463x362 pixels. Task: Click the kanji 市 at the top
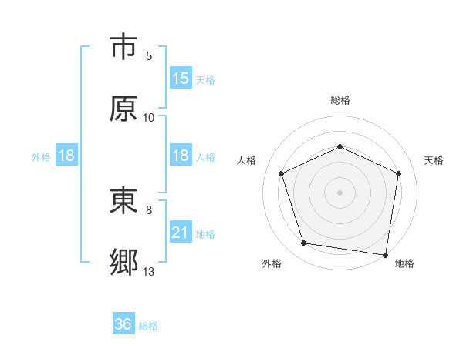pyautogui.click(x=124, y=48)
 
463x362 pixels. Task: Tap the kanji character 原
pyautogui.click(x=124, y=109)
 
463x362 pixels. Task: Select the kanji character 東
pyautogui.click(x=124, y=203)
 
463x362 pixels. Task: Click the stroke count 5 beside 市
pyautogui.click(x=149, y=56)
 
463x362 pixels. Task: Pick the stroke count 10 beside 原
pyautogui.click(x=149, y=118)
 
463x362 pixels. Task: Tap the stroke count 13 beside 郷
pyautogui.click(x=149, y=272)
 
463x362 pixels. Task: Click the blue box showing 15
pyautogui.click(x=181, y=79)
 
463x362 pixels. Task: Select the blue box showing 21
pyautogui.click(x=181, y=233)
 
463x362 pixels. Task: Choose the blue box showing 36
pyautogui.click(x=123, y=324)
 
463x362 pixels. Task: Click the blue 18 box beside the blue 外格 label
pyautogui.click(x=66, y=156)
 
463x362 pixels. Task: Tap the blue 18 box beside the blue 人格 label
pyautogui.click(x=181, y=156)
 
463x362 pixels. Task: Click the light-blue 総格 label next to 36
pyautogui.click(x=148, y=326)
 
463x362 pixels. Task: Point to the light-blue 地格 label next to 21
pyautogui.click(x=205, y=233)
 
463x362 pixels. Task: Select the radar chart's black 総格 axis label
pyautogui.click(x=340, y=100)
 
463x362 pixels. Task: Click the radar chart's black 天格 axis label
pyautogui.click(x=434, y=160)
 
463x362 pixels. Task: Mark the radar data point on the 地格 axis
pyautogui.click(x=386, y=254)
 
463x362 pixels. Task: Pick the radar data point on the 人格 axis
pyautogui.click(x=282, y=173)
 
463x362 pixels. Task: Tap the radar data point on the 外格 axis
pyautogui.click(x=304, y=243)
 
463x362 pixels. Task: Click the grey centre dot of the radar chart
pyautogui.click(x=340, y=192)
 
